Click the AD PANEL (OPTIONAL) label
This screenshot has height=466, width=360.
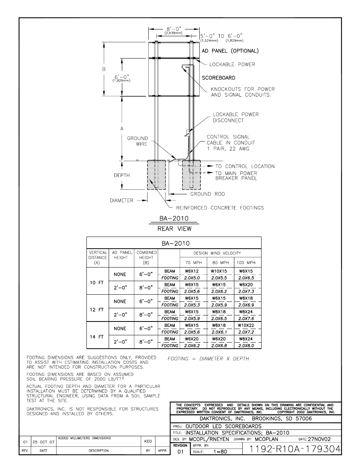[x=230, y=51]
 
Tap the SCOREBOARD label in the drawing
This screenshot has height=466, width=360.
[x=218, y=78]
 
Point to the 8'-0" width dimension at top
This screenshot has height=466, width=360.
[x=174, y=28]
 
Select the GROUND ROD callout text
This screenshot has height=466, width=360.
[x=207, y=194]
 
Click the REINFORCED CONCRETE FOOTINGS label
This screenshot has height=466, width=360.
[x=220, y=208]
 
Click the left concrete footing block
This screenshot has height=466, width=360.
[x=156, y=175]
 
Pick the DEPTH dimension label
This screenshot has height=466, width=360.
[x=122, y=175]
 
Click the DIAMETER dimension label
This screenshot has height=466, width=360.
[x=121, y=200]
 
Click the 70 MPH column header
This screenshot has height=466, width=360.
[x=193, y=263]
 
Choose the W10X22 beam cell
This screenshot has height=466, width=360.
[x=246, y=325]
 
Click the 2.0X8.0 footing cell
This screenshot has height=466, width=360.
[x=246, y=346]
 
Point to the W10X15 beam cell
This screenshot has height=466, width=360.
[x=219, y=271]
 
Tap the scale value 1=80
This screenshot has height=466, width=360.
[x=221, y=451]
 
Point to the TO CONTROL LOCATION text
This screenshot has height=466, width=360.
[x=245, y=166]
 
